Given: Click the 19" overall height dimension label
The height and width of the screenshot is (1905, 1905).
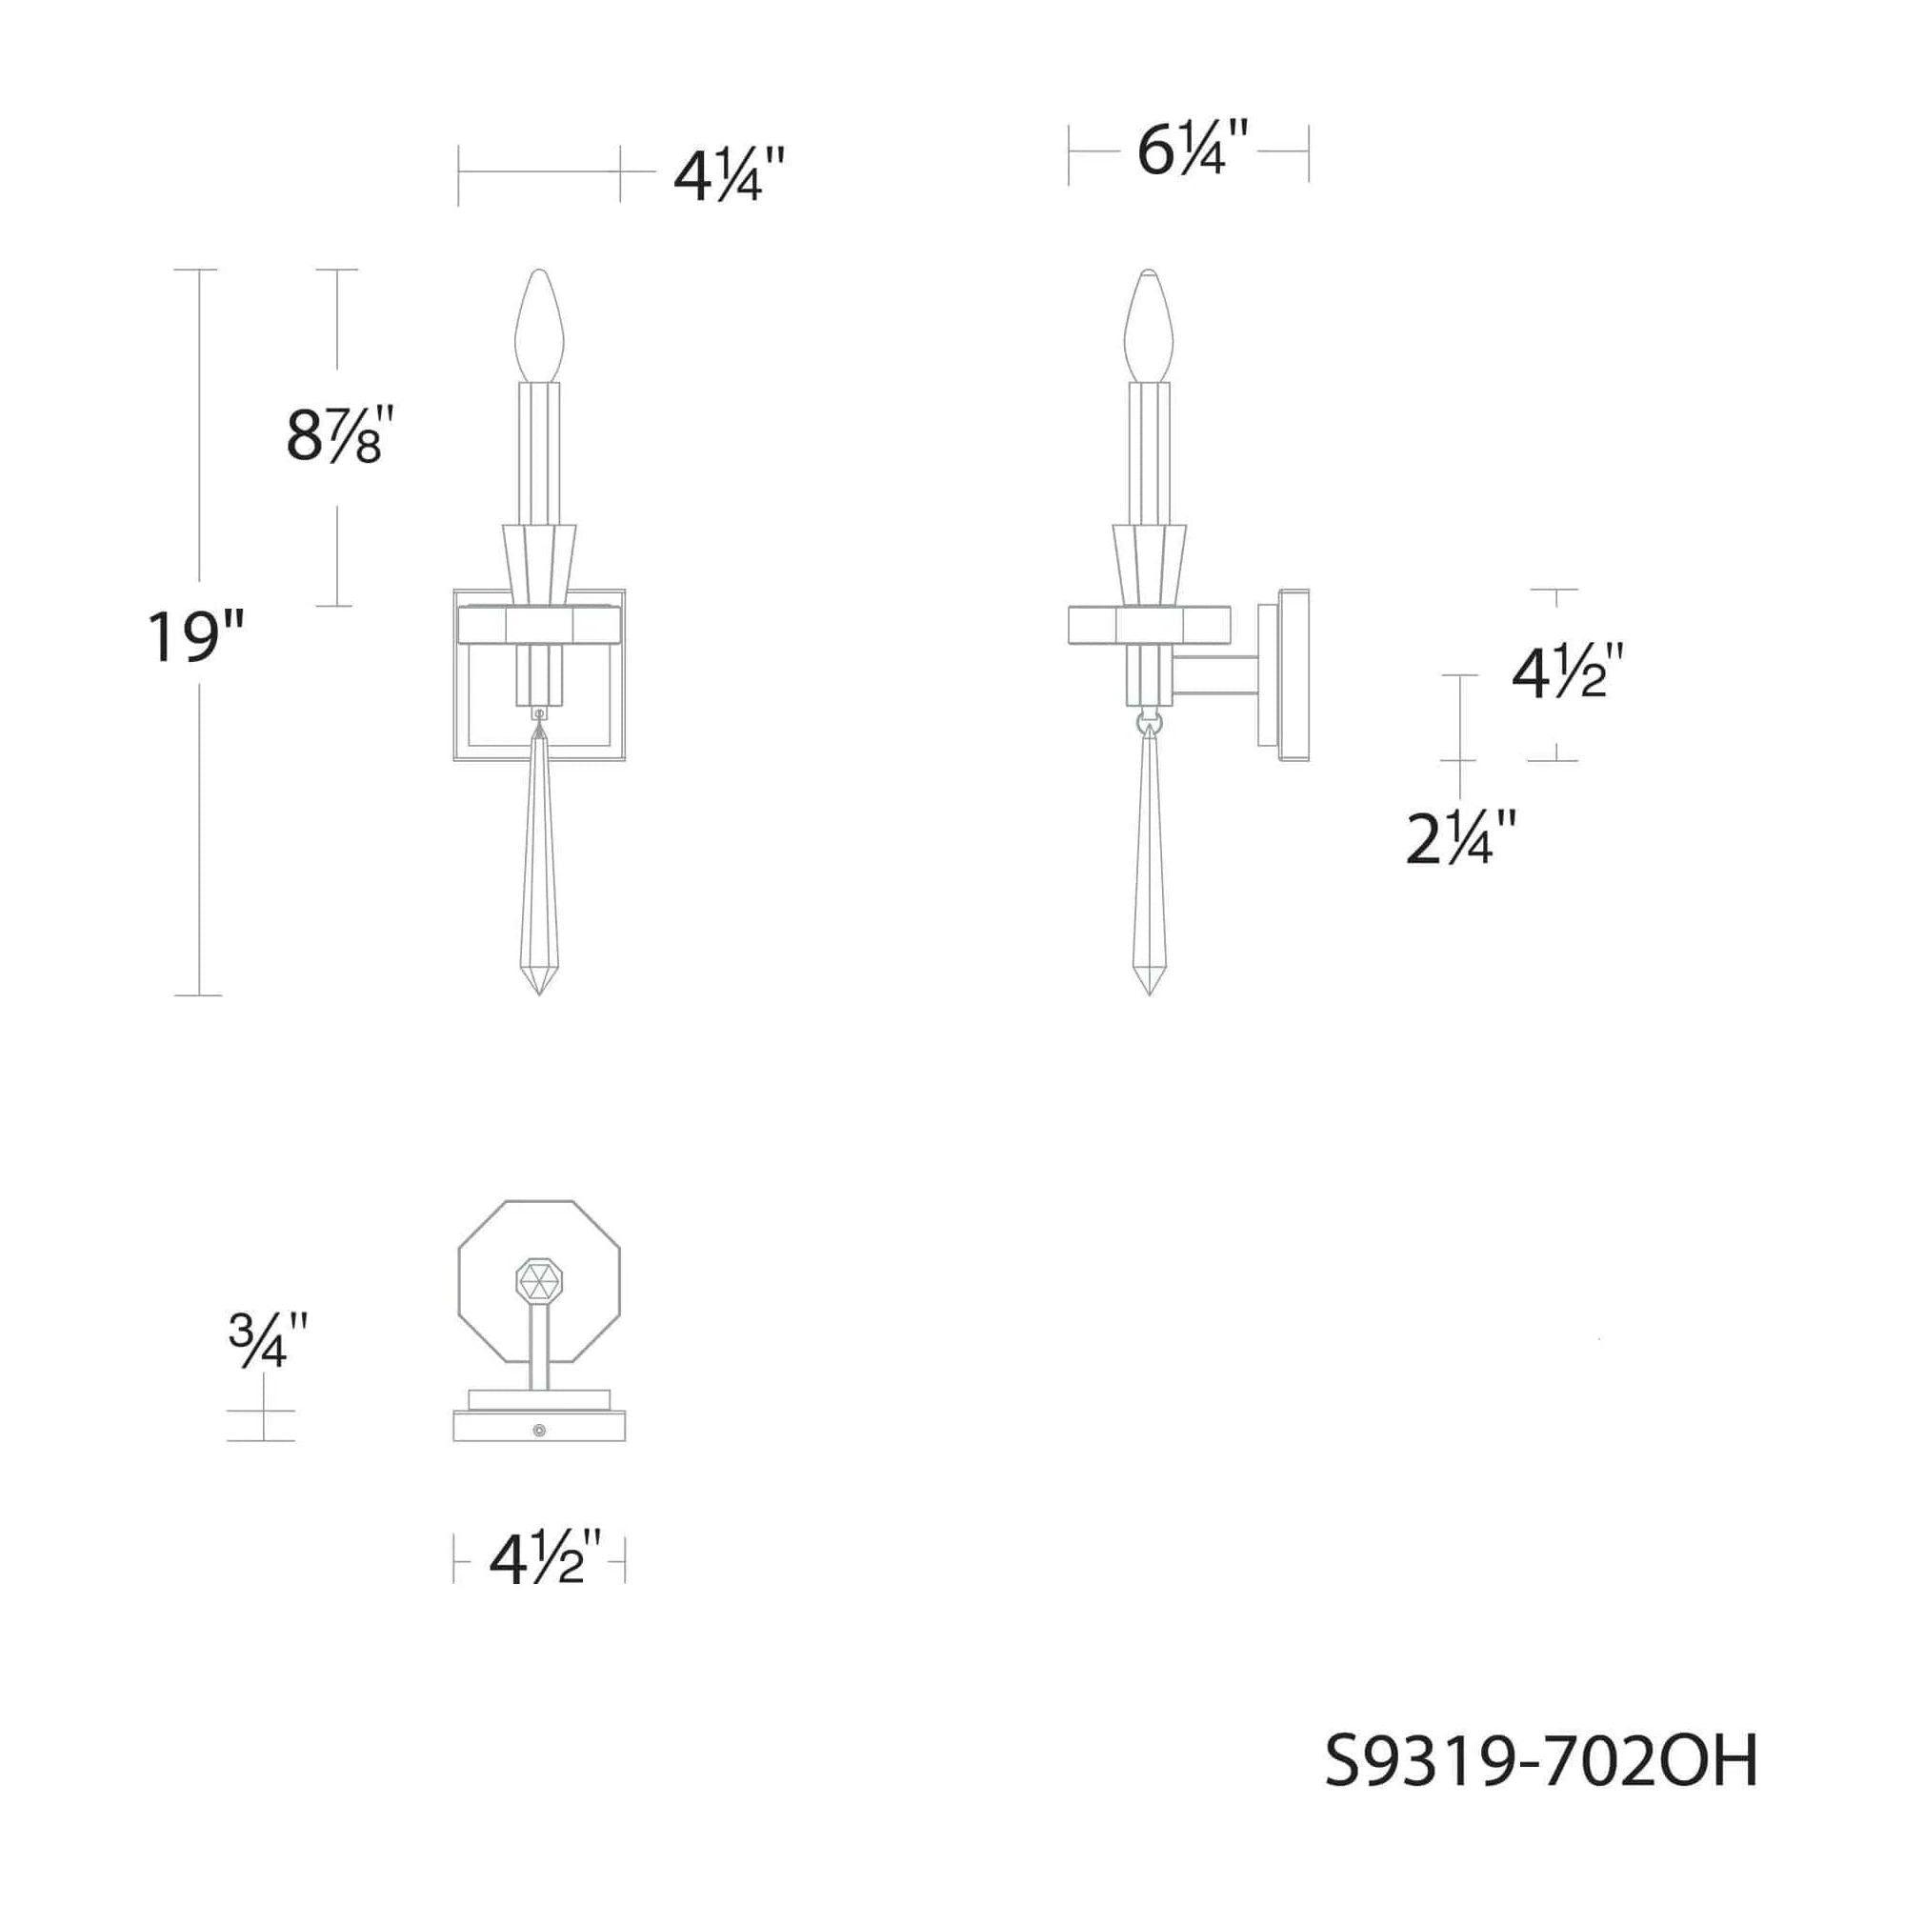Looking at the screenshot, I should pyautogui.click(x=194, y=635).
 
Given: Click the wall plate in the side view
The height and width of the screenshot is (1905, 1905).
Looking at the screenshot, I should pyautogui.click(x=1293, y=674).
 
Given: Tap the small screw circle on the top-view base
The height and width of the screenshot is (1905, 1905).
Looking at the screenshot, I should pyautogui.click(x=538, y=1430).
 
